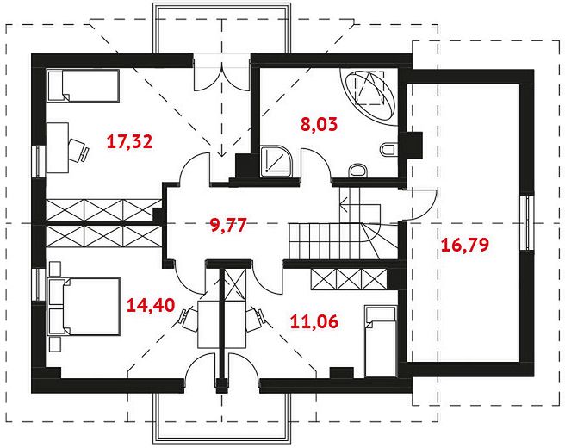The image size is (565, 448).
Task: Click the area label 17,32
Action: click(x=130, y=141)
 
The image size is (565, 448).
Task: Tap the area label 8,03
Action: click(x=319, y=124)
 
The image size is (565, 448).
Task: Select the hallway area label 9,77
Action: click(x=228, y=225)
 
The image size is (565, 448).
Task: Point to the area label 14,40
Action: click(x=151, y=305)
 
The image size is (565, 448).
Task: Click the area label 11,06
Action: click(x=314, y=321)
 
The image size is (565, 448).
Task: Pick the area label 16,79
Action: click(x=465, y=245)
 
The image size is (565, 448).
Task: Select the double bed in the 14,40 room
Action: click(x=84, y=307)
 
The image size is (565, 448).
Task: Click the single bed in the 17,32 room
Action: click(x=84, y=86)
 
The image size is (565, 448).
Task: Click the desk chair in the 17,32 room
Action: click(x=78, y=150)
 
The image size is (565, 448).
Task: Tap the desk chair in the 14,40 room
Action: click(x=189, y=319)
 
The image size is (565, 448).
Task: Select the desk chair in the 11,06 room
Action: click(x=256, y=318)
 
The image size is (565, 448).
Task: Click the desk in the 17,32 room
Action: click(x=58, y=148)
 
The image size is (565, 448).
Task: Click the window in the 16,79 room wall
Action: click(x=527, y=223)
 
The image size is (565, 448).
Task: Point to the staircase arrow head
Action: click(x=344, y=206)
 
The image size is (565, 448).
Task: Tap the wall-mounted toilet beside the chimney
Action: click(x=389, y=150)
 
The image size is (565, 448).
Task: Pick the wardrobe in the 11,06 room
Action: click(x=349, y=279)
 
